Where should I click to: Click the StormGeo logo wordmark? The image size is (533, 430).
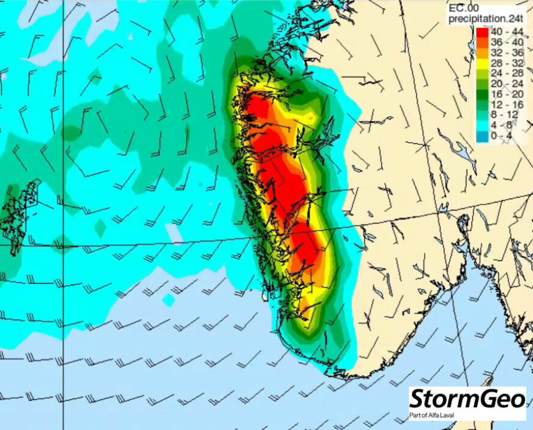click(468, 399)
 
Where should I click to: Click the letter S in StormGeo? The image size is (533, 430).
click(417, 399)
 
